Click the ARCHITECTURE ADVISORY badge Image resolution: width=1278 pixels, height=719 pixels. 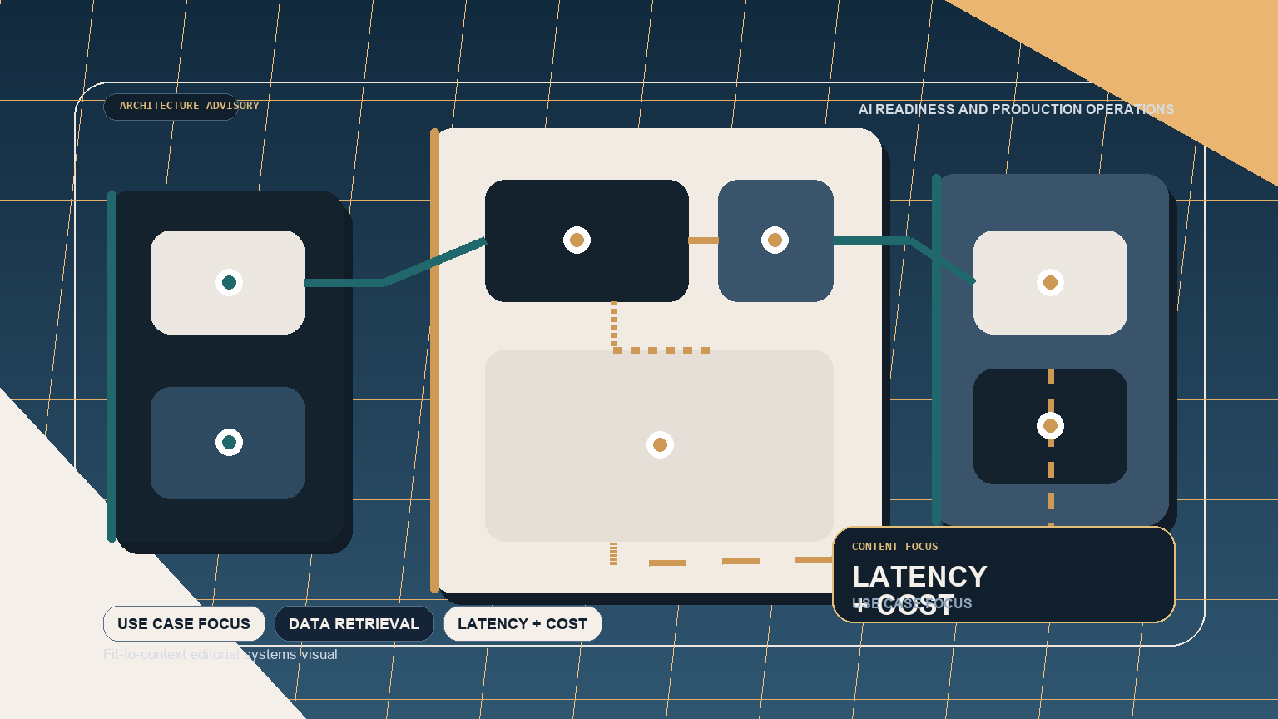coord(171,107)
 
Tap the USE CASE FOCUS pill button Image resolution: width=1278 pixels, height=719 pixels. coord(184,624)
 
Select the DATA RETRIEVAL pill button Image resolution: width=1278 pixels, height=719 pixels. coord(354,624)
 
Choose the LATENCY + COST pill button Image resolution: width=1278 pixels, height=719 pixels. coord(523,624)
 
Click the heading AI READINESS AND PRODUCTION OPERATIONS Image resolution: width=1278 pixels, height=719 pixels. coord(1016,110)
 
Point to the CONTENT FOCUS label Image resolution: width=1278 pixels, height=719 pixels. coord(894,547)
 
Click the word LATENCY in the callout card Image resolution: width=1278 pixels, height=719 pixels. coord(919,577)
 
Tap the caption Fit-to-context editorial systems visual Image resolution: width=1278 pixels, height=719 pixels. coord(220,655)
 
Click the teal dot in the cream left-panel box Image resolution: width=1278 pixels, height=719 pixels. coord(229,283)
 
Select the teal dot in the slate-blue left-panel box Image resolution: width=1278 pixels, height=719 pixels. coord(229,442)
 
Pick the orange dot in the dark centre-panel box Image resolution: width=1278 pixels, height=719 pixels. coord(577,240)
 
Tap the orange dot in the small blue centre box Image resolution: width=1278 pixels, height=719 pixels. coord(775,240)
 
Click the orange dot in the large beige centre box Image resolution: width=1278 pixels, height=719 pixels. coord(660,445)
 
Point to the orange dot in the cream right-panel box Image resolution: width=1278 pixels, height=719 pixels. coord(1050,283)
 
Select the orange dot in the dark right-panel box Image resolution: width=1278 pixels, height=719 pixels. coord(1050,426)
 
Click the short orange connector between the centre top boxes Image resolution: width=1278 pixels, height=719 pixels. coord(703,240)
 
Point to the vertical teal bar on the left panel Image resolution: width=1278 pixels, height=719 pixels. coord(111,366)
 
